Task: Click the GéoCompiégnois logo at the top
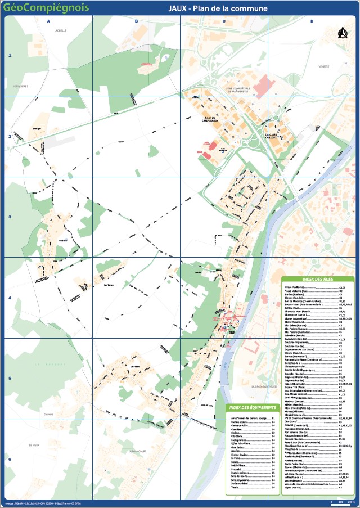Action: [38, 7]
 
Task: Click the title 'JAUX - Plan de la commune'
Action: [218, 8]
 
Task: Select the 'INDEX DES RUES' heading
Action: [317, 280]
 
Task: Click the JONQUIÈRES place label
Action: [21, 86]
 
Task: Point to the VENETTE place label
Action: [323, 66]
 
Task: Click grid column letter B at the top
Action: [136, 21]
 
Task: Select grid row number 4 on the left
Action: [10, 298]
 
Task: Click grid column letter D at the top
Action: [312, 21]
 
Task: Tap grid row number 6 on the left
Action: [10, 458]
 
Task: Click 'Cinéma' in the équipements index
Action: [236, 433]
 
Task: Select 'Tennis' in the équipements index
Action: [235, 488]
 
